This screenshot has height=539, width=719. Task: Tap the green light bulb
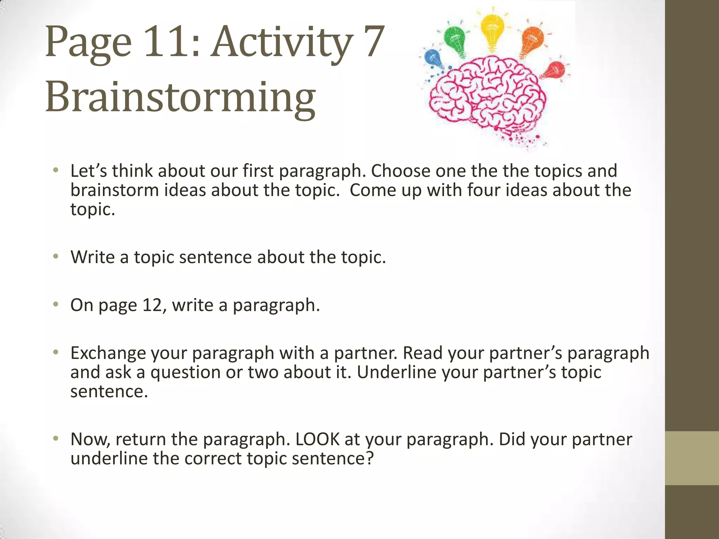[455, 39]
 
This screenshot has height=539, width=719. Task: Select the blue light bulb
[433, 59]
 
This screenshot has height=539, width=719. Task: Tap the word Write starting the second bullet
[92, 257]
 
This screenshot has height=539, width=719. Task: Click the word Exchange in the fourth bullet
[108, 353]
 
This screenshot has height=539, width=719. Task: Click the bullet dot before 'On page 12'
[55, 304]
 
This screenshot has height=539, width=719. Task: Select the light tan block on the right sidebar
[692, 458]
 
